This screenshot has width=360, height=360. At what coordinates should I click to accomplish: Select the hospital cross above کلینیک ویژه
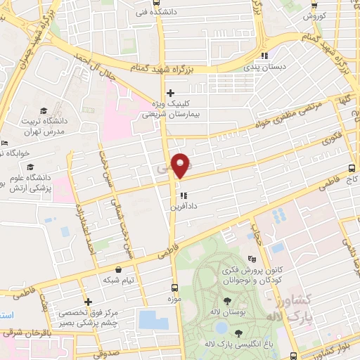coord(169,93)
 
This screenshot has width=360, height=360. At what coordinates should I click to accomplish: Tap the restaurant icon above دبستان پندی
coord(264,56)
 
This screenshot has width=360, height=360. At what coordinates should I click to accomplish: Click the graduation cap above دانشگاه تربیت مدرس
coord(44,110)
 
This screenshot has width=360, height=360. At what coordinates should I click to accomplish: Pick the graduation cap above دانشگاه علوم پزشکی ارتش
coord(30,167)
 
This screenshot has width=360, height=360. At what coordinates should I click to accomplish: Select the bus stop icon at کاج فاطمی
coord(352,168)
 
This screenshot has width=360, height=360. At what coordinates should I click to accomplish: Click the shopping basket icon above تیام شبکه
coord(117,269)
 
